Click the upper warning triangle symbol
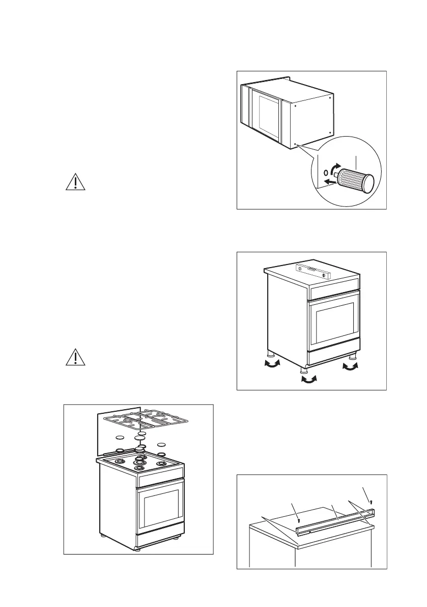coord(75,182)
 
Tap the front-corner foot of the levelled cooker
coord(305,369)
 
